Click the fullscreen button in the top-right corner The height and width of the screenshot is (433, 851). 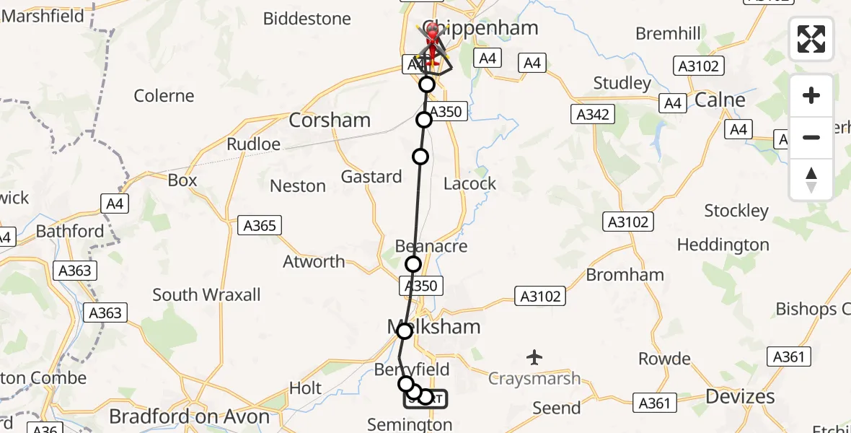click(x=811, y=39)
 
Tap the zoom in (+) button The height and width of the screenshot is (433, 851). click(x=811, y=96)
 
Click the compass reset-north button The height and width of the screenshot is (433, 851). click(x=811, y=180)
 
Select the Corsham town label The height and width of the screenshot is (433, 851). click(x=330, y=121)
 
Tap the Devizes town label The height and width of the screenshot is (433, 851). click(x=739, y=396)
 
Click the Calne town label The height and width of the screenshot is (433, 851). click(x=720, y=100)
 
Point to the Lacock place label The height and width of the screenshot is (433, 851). click(x=469, y=184)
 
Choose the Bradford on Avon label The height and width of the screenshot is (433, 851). click(x=189, y=416)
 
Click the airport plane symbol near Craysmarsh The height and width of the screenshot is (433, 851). click(x=534, y=357)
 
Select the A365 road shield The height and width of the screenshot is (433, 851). click(x=260, y=226)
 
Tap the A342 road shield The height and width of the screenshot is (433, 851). click(x=593, y=114)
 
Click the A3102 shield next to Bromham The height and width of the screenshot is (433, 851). click(x=540, y=295)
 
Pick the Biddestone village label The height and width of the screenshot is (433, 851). click(x=307, y=19)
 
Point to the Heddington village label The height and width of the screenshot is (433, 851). click(x=723, y=245)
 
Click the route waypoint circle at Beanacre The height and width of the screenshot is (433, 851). click(x=413, y=264)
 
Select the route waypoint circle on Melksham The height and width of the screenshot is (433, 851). click(x=405, y=331)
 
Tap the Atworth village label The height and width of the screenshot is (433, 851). click(x=314, y=262)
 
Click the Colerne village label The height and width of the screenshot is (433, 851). click(x=164, y=96)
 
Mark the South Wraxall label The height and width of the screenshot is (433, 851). click(x=206, y=294)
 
